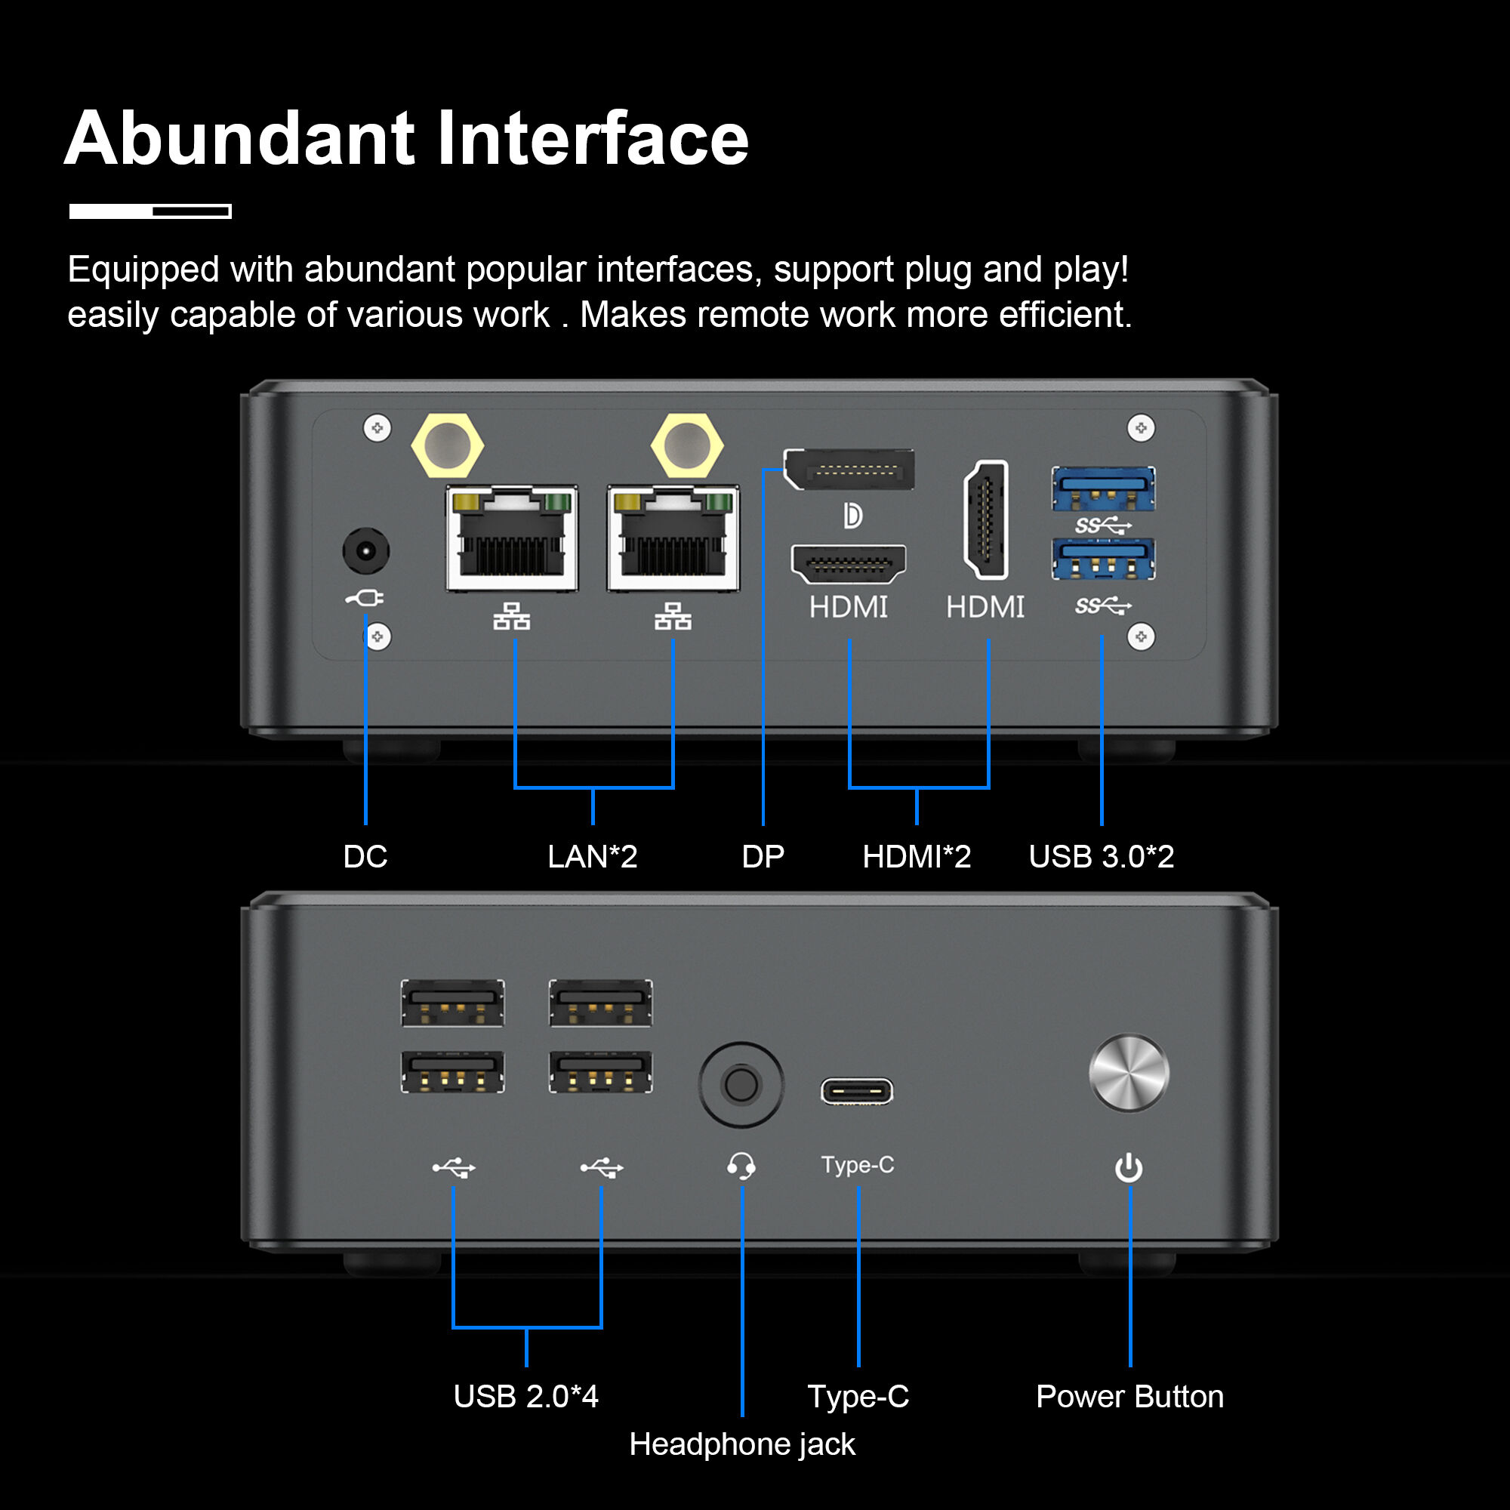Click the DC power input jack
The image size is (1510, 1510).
click(365, 551)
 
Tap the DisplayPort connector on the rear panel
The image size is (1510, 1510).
click(849, 469)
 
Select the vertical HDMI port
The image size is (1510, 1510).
click(986, 519)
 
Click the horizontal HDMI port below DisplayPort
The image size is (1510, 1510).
click(849, 563)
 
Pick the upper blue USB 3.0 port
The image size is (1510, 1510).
click(1103, 489)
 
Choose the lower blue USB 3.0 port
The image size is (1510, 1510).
click(1103, 559)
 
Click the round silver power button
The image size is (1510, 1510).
click(1129, 1073)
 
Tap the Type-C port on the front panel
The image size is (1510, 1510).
click(857, 1091)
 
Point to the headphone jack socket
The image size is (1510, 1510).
click(741, 1085)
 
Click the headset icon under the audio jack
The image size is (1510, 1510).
click(741, 1166)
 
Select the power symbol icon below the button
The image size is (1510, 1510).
click(1129, 1169)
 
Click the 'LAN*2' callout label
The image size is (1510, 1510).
click(593, 857)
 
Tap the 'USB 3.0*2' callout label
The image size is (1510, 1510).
click(1102, 857)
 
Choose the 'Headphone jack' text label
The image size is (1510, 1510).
click(741, 1444)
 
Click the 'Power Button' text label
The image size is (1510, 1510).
click(1129, 1397)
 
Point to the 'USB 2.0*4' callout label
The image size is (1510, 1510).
click(526, 1397)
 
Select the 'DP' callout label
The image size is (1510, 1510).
click(763, 857)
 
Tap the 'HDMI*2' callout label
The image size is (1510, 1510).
click(916, 857)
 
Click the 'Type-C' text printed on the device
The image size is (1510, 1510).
click(858, 1164)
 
